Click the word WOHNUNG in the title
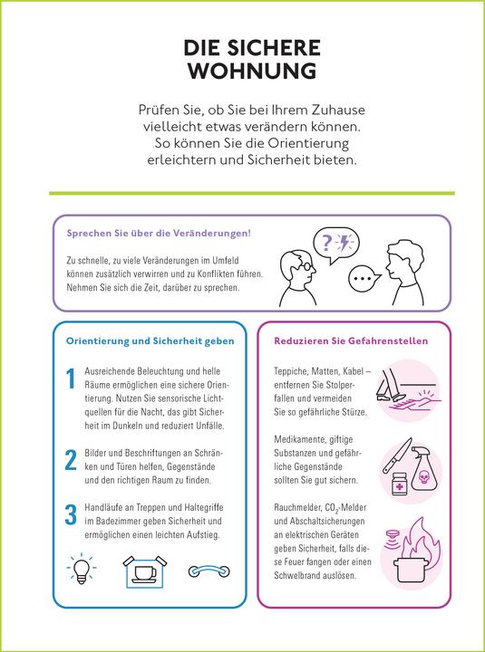tap(242, 70)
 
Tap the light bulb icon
tap(82, 570)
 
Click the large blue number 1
tap(71, 380)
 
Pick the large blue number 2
tap(71, 459)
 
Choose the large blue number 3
tap(71, 515)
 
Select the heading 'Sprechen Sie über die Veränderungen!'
tap(159, 234)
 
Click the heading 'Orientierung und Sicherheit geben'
tap(150, 341)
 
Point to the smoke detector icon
tap(393, 540)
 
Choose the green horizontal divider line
tap(242, 193)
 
